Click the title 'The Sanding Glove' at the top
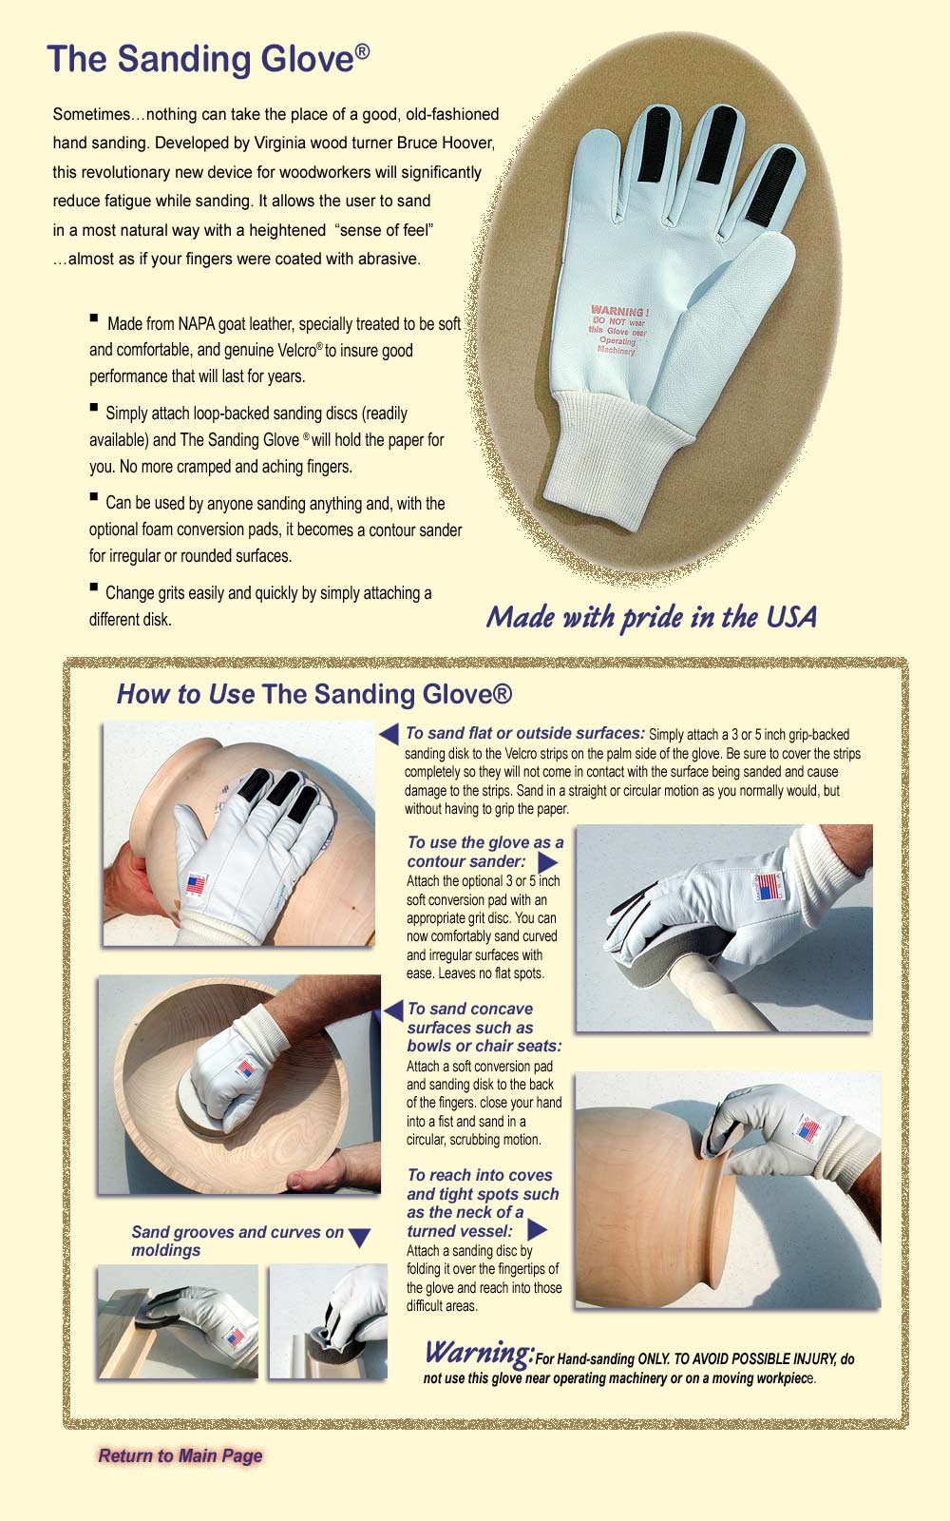(208, 59)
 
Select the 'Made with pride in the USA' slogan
(652, 617)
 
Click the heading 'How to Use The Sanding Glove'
(314, 694)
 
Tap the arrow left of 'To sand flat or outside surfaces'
(389, 733)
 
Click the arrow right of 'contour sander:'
(547, 862)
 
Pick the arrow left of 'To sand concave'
(393, 1011)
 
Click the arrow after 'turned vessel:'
(537, 1229)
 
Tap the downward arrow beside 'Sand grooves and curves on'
(359, 1238)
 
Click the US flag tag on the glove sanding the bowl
(246, 1069)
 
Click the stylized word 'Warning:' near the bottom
(480, 1353)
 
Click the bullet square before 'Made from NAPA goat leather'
(94, 318)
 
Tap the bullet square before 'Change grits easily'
(94, 587)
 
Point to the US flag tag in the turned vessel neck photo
(808, 1128)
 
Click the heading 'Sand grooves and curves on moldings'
(237, 1241)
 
